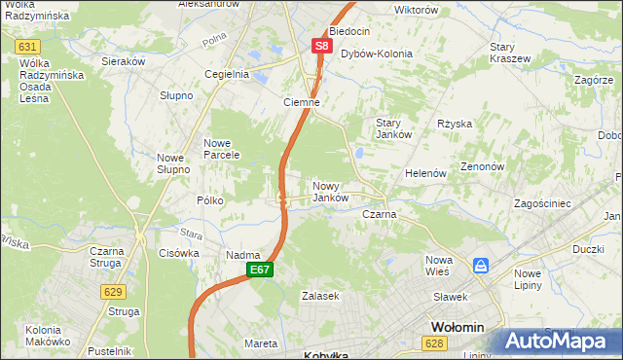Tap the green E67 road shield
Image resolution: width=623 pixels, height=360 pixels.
[258, 270]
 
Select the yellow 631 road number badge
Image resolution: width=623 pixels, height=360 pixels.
[28, 47]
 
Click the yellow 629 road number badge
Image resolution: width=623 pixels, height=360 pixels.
[112, 291]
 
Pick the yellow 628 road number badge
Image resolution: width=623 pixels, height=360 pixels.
[434, 342]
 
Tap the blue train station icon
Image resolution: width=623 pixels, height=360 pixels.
[480, 265]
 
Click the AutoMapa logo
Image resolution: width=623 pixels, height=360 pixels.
[560, 341]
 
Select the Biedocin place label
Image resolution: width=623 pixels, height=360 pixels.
[350, 31]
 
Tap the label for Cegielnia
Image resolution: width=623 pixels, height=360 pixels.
[227, 74]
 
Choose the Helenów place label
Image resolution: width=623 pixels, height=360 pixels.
[425, 173]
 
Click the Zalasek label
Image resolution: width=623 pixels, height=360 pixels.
[319, 295]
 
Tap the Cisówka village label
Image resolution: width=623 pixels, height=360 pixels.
[178, 253]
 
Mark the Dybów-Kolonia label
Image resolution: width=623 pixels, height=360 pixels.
[377, 54]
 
